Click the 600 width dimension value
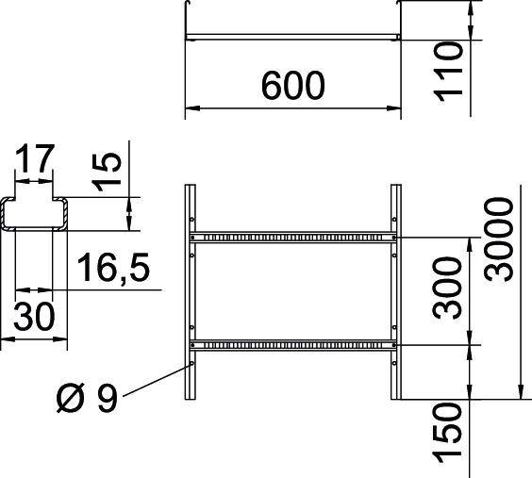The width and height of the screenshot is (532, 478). (x=292, y=87)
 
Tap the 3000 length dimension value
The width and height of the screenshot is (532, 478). (x=498, y=239)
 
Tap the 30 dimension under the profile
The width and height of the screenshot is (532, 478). (x=34, y=316)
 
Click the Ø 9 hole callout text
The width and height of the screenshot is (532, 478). (x=87, y=400)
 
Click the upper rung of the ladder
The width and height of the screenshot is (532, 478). (x=292, y=235)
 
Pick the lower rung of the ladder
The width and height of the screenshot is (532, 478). (x=292, y=343)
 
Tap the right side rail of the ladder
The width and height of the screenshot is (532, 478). (x=394, y=292)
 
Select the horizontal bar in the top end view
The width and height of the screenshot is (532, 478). (x=292, y=38)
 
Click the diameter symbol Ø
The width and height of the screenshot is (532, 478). (x=68, y=400)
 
